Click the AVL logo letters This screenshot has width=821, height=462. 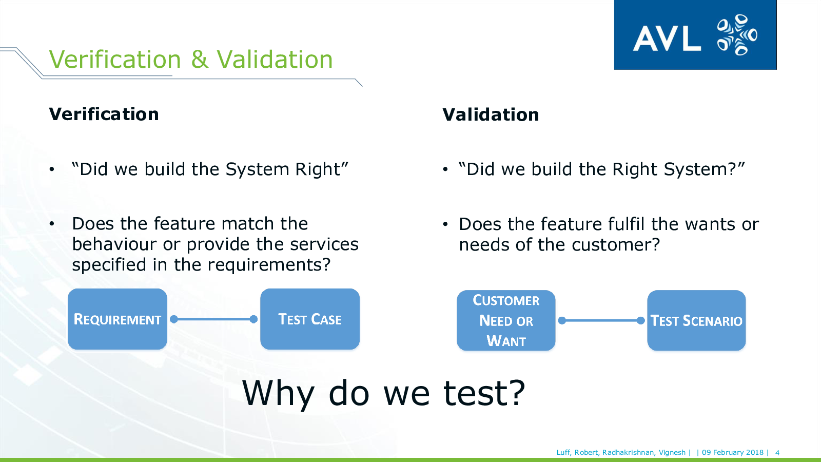tap(667, 38)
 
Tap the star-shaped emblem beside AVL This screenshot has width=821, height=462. tap(737, 35)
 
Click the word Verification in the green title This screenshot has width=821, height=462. tap(115, 59)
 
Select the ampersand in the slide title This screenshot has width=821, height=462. tap(200, 59)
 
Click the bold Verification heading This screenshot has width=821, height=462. tap(104, 114)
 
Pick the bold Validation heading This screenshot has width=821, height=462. tap(491, 114)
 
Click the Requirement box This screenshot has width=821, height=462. tap(118, 319)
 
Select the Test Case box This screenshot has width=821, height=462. tap(310, 319)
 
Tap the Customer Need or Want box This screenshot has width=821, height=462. tap(506, 320)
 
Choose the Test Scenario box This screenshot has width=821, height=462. tap(696, 320)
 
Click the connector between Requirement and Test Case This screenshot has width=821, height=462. tap(213, 319)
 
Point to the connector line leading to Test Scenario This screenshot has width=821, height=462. tap(601, 321)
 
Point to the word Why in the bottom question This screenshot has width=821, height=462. tap(278, 394)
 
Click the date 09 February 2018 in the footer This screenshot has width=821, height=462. tap(733, 452)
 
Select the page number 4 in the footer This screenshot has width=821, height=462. tap(777, 452)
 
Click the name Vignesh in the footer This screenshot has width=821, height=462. tap(672, 453)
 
